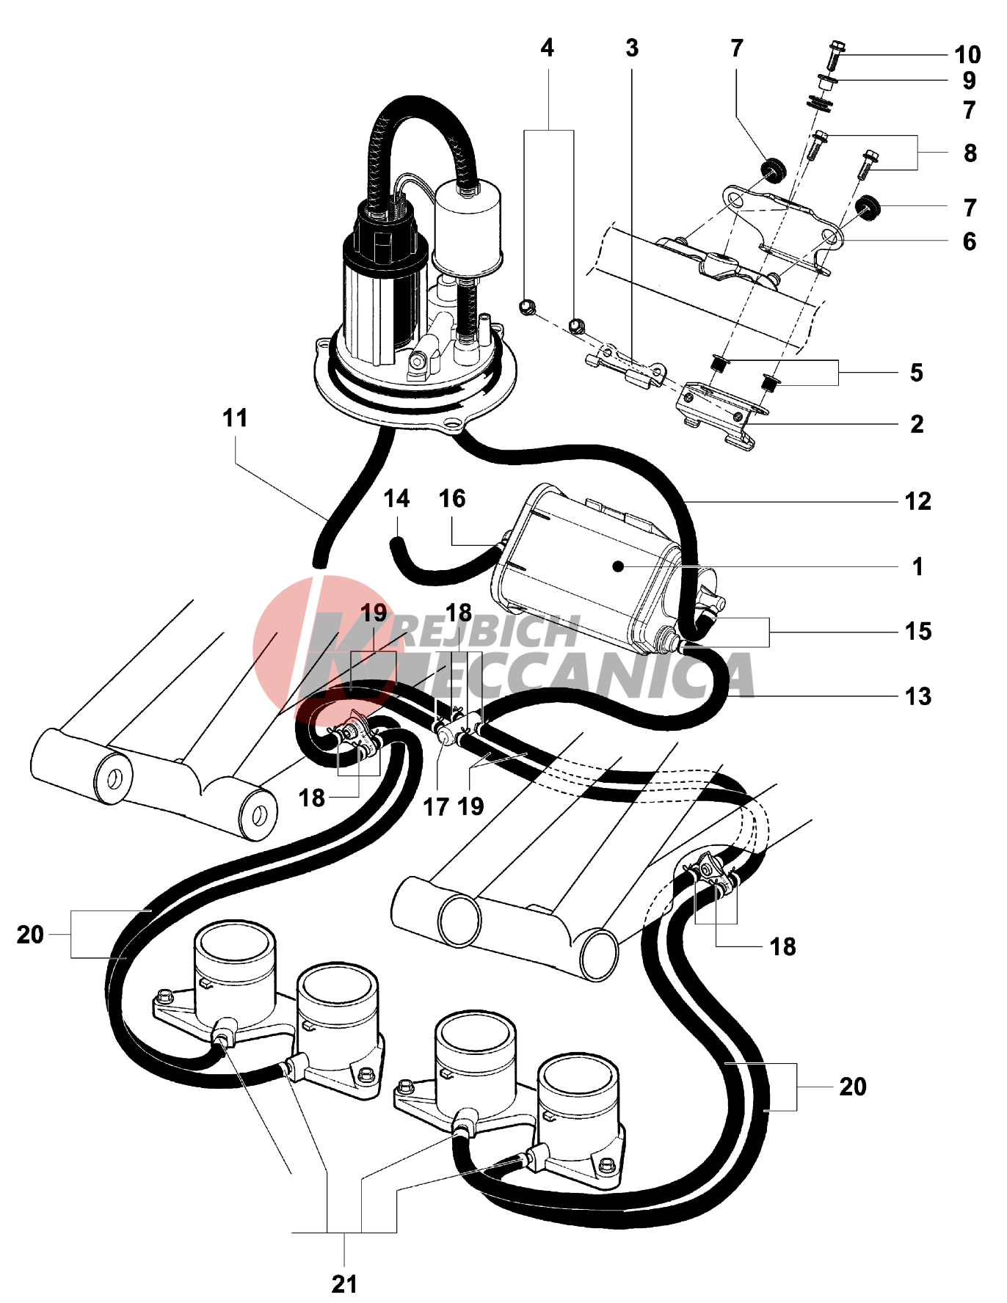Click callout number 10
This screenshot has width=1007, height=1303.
pyautogui.click(x=967, y=55)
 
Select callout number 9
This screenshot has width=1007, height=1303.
pyautogui.click(x=969, y=81)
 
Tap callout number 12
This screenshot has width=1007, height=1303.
pyautogui.click(x=917, y=502)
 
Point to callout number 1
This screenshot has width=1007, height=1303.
pyautogui.click(x=917, y=567)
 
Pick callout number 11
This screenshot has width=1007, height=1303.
pyautogui.click(x=235, y=418)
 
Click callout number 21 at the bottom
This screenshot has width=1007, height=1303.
pyautogui.click(x=344, y=1284)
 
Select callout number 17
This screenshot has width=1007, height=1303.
pyautogui.click(x=435, y=807)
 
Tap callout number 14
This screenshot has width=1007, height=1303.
pyautogui.click(x=396, y=499)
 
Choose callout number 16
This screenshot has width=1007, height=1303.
pyautogui.click(x=452, y=499)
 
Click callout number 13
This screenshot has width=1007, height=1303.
pyautogui.click(x=917, y=696)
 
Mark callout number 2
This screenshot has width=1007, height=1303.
pyautogui.click(x=917, y=424)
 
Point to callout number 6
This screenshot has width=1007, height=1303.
pyautogui.click(x=969, y=241)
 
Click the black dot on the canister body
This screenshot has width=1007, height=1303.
pyautogui.click(x=619, y=566)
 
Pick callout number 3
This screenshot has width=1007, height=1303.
pyautogui.click(x=632, y=48)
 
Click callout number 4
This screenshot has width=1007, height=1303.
pyautogui.click(x=547, y=48)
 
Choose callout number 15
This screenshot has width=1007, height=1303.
pyautogui.click(x=917, y=632)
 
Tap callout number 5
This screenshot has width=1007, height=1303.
pyautogui.click(x=916, y=373)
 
